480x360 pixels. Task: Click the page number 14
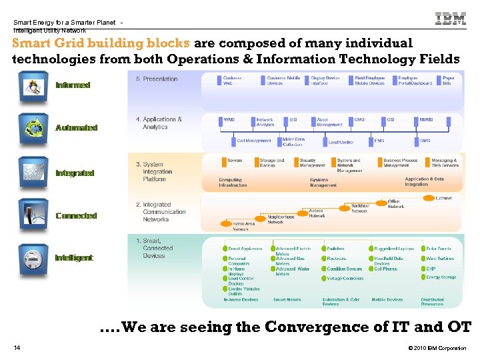pyautogui.click(x=16, y=348)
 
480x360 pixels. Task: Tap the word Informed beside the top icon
pyautogui.click(x=73, y=85)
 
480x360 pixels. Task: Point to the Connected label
pyautogui.click(x=76, y=215)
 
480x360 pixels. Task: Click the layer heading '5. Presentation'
pyautogui.click(x=157, y=79)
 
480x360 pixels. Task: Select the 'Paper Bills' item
pyautogui.click(x=449, y=81)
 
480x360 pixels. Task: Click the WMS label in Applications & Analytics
pyautogui.click(x=229, y=120)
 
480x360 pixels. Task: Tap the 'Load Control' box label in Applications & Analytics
pyautogui.click(x=341, y=141)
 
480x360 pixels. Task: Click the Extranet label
pyautogui.click(x=443, y=198)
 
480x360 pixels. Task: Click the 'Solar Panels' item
pyautogui.click(x=439, y=249)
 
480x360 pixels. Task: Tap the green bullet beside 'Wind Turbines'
pyautogui.click(x=423, y=259)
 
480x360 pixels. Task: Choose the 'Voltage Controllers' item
pyautogui.click(x=345, y=279)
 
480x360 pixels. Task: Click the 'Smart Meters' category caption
pyautogui.click(x=287, y=300)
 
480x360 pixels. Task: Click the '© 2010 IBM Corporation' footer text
pyautogui.click(x=437, y=348)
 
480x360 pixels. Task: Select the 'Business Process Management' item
pyautogui.click(x=400, y=163)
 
